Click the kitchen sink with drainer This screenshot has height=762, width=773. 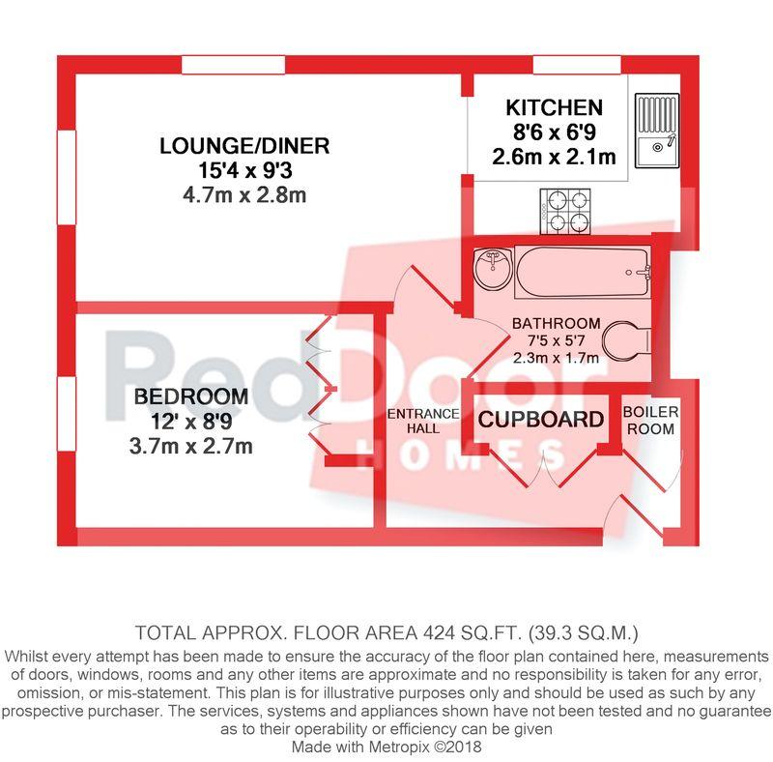(x=657, y=131)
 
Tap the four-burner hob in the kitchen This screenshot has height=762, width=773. (x=565, y=211)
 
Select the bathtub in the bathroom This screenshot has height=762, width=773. (x=583, y=272)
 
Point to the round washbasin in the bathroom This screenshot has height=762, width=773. (x=493, y=269)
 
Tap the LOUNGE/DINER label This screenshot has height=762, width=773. (x=244, y=146)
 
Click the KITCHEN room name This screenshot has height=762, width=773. (x=554, y=107)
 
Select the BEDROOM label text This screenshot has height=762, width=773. (x=190, y=396)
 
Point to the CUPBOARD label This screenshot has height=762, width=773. (x=541, y=420)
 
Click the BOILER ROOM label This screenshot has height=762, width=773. (x=650, y=420)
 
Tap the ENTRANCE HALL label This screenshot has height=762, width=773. (x=423, y=421)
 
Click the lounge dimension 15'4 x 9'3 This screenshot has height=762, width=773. (x=245, y=171)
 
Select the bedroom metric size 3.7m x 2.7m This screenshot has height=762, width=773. (x=190, y=446)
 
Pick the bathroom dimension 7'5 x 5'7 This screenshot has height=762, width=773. (x=556, y=340)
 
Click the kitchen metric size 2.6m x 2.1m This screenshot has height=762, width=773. (x=554, y=157)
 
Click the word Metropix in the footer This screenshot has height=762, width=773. (x=398, y=747)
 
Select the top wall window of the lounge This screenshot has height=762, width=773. (x=234, y=65)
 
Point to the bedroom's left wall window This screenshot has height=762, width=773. (x=67, y=414)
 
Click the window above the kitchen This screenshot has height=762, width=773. (x=577, y=65)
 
